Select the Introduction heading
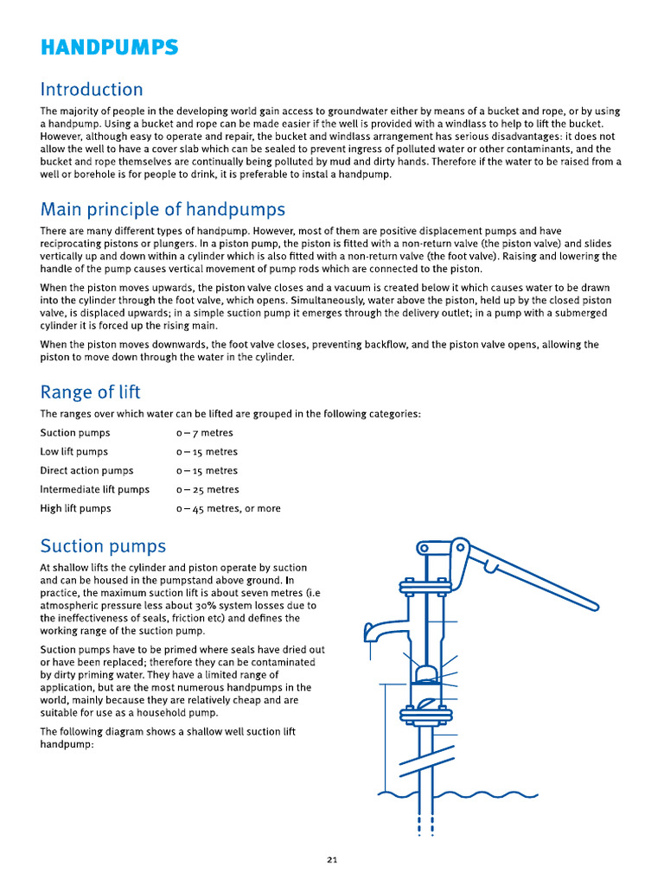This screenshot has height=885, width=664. tap(92, 90)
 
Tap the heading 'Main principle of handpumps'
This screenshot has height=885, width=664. tap(163, 209)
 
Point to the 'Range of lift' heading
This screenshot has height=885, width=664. tap(90, 392)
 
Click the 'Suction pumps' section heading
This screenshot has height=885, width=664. tap(103, 546)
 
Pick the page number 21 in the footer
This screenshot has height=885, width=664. tap(332, 859)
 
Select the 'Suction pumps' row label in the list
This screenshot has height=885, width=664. tap(75, 433)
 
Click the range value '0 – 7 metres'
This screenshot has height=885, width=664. tap(205, 433)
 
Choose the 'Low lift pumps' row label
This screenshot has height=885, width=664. tap(73, 452)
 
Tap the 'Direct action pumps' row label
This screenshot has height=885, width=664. tap(86, 471)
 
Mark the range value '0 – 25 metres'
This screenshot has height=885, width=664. tap(207, 490)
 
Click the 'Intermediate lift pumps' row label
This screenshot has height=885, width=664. tap(94, 490)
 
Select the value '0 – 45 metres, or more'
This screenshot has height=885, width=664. tap(228, 509)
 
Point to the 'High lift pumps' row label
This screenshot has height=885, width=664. tap(75, 509)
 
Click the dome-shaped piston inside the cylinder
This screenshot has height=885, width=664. tap(425, 674)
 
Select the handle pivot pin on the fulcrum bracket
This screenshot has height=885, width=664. tap(461, 548)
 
